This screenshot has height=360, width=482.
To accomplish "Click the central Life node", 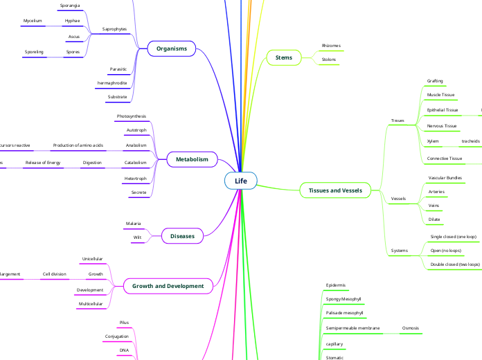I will click(x=240, y=181).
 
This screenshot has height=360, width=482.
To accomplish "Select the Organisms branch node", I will click(x=172, y=48).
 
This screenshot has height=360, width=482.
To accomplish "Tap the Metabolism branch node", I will click(x=192, y=159).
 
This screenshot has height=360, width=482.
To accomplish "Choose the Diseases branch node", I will click(x=182, y=236).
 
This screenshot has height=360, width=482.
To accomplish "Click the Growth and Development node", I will click(x=168, y=285).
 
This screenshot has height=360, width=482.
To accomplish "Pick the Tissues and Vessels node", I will click(x=335, y=190).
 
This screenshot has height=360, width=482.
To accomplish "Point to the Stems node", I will click(x=283, y=57).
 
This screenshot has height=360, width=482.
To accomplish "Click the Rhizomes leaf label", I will click(x=331, y=46).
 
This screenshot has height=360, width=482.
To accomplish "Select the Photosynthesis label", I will click(x=132, y=116).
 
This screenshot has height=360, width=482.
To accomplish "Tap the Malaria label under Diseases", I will click(x=133, y=224).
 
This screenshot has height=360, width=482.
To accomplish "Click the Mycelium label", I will click(x=33, y=21).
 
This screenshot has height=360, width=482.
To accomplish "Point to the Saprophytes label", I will click(x=115, y=29).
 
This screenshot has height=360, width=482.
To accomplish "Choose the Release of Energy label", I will click(x=43, y=163).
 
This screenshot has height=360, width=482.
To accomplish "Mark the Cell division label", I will click(x=54, y=274).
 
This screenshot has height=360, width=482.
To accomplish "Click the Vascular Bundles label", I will click(x=445, y=178).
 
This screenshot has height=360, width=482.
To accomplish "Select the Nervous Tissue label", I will click(x=442, y=126).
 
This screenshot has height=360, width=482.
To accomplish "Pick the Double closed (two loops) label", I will click(x=455, y=264).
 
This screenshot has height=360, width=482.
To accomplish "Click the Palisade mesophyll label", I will click(x=344, y=313).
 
